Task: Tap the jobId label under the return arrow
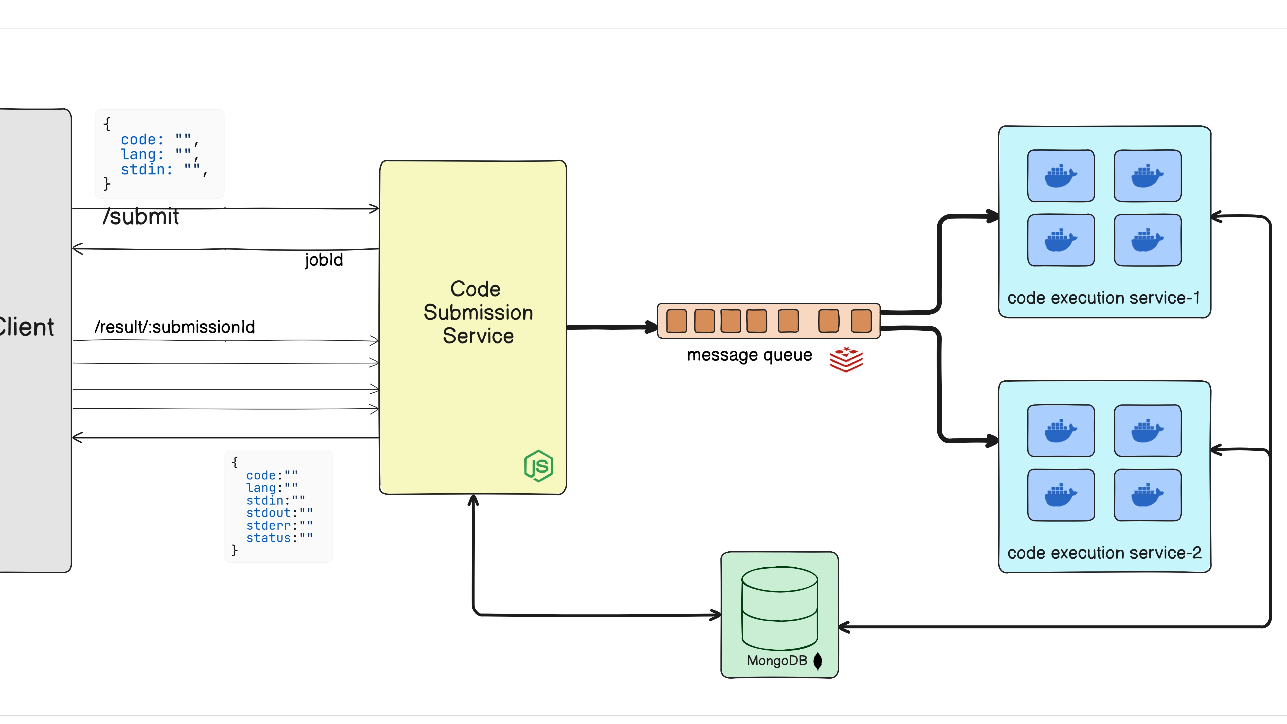[x=324, y=260]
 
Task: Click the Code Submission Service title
[x=478, y=312]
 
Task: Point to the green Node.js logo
[x=538, y=466]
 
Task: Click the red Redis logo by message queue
[x=846, y=359]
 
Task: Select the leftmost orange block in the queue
[x=676, y=321]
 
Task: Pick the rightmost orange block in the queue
[x=861, y=321]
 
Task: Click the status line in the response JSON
[x=279, y=538]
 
